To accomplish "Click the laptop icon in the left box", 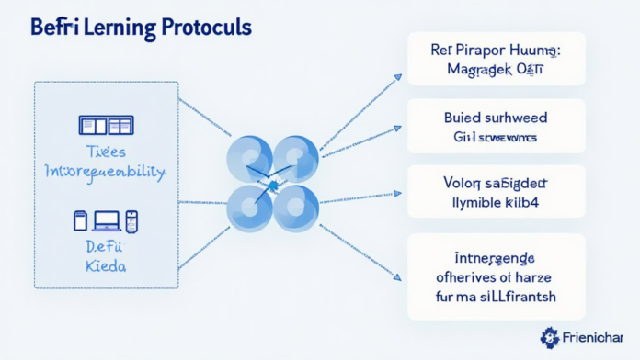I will coord(107,220).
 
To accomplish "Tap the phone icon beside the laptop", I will coord(131,220).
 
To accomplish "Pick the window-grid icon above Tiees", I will coord(106,126).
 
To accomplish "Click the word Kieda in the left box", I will coord(106,265).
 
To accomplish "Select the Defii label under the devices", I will coord(106,246).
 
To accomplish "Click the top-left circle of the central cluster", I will coord(249,158).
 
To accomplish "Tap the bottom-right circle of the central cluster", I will coord(295,208).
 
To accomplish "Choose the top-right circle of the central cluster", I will coord(295,158).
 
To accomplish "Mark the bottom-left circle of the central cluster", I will coord(249,208).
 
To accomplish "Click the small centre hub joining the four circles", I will coord(272,185).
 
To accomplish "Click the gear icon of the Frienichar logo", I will coord(550,337).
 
